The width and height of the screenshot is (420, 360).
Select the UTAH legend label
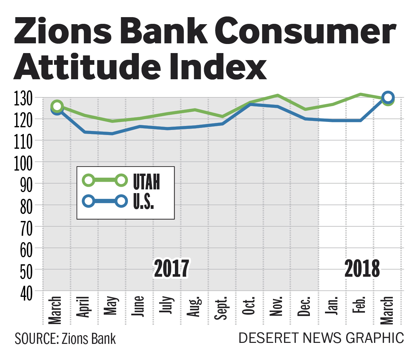[146, 182]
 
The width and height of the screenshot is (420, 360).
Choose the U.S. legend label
[143, 201]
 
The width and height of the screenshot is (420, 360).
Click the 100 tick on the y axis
[23, 163]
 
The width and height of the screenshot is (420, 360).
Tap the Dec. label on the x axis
[304, 307]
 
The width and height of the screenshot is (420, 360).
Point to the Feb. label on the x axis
[359, 305]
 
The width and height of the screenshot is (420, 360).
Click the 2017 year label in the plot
[172, 268]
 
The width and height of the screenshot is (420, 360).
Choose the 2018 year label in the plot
[362, 268]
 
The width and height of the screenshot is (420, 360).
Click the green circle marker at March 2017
[57, 106]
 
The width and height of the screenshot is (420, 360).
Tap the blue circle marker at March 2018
[388, 97]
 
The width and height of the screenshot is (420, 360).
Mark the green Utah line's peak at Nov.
[278, 95]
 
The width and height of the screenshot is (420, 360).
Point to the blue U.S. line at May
[112, 134]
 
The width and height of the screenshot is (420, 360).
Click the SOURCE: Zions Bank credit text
[65, 339]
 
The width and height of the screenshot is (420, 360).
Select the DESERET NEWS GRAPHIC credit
[321, 338]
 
